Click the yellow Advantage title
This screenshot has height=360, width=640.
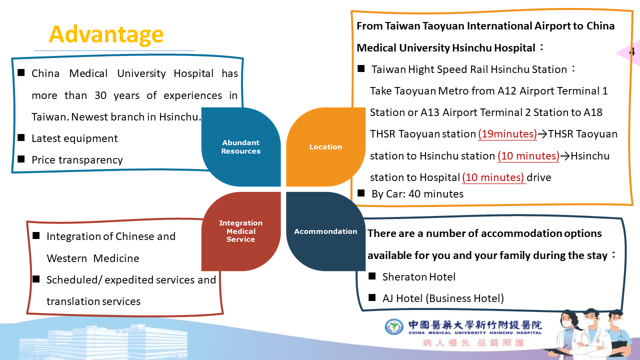pyautogui.click(x=106, y=34)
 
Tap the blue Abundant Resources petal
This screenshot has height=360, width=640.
pyautogui.click(x=241, y=147)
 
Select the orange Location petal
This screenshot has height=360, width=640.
pyautogui.click(x=325, y=147)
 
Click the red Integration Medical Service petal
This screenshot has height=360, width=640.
pyautogui.click(x=241, y=231)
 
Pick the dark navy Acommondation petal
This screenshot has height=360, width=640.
pyautogui.click(x=325, y=231)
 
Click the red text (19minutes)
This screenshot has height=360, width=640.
pyautogui.click(x=507, y=133)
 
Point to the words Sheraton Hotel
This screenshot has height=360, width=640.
pyautogui.click(x=419, y=276)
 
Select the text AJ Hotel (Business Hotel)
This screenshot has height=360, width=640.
pyautogui.click(x=443, y=298)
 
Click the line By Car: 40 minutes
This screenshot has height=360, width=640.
pyautogui.click(x=417, y=193)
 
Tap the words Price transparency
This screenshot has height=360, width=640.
pyautogui.click(x=77, y=159)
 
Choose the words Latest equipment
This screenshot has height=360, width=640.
pyautogui.click(x=74, y=138)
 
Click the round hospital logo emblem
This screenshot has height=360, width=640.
pyautogui.click(x=394, y=326)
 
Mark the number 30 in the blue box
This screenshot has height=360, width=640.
pyautogui.click(x=100, y=95)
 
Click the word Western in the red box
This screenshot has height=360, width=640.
pyautogui.click(x=67, y=258)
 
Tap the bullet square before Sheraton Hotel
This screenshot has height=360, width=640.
pyautogui.click(x=372, y=276)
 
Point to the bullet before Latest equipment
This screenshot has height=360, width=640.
pyautogui.click(x=21, y=137)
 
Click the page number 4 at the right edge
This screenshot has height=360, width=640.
pyautogui.click(x=632, y=51)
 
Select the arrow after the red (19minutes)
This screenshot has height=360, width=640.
pyautogui.click(x=542, y=133)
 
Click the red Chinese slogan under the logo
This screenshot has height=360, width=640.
pyautogui.click(x=473, y=342)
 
